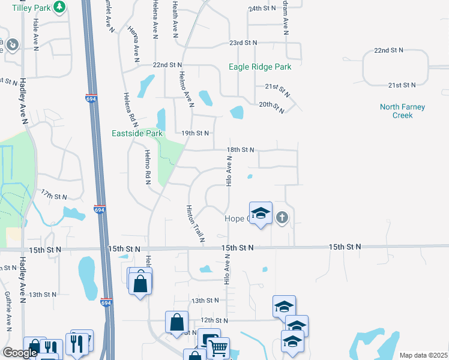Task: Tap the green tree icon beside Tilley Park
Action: (x=59, y=7)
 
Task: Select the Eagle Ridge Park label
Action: (x=260, y=67)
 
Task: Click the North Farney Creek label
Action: (x=402, y=111)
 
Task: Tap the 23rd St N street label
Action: (x=243, y=43)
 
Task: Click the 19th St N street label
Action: (x=195, y=133)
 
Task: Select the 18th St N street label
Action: (x=240, y=149)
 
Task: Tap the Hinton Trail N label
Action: (x=194, y=223)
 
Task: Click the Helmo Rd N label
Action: (x=147, y=167)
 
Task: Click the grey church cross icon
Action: (x=283, y=217)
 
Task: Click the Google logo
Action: (x=19, y=353)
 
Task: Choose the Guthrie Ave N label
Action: (x=8, y=311)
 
